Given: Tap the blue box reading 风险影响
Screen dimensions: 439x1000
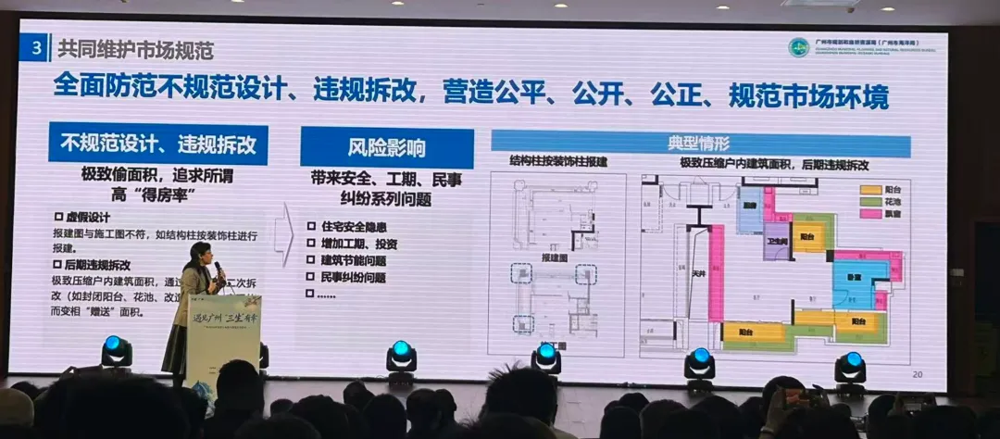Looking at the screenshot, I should point(386,147).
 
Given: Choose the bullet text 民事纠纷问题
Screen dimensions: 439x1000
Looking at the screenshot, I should point(353,277).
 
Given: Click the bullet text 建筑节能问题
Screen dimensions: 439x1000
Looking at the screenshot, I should point(353,260).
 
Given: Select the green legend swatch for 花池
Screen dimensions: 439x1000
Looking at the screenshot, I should point(869,200).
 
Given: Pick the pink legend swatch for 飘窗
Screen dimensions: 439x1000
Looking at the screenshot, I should point(869,214).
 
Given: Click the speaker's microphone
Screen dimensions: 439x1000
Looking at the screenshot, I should point(219,270).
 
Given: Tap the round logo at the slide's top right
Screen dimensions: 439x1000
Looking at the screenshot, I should point(798,47).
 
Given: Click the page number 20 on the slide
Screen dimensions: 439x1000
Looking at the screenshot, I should point(918,374).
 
